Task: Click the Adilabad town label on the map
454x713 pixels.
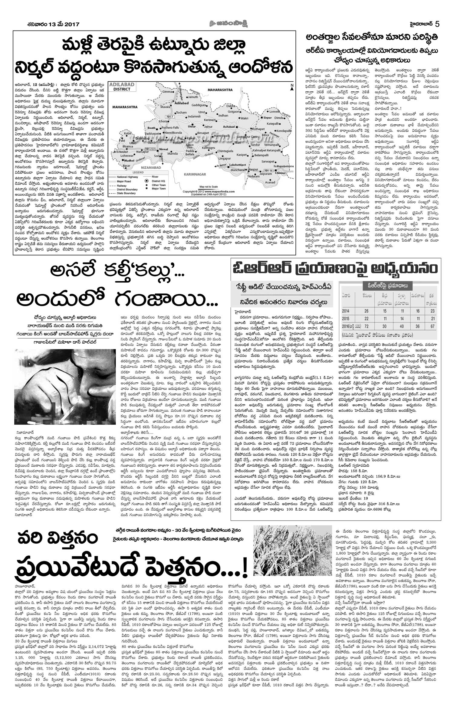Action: tap(181, 103)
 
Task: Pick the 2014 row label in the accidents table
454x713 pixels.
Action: tap(345, 311)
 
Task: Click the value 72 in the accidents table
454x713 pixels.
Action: tap(367, 327)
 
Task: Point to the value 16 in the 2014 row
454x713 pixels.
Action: tap(418, 311)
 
